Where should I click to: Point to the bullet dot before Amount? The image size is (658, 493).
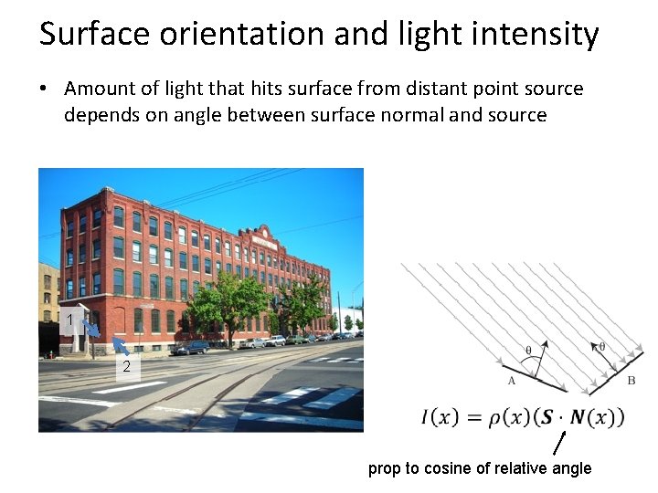point(43,89)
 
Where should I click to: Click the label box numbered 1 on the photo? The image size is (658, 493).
point(70,319)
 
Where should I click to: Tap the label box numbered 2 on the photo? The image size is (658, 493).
point(126,366)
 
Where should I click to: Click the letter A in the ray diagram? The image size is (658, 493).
point(511,381)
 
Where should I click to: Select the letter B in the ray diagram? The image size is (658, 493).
point(631,380)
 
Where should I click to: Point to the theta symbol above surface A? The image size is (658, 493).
point(528,349)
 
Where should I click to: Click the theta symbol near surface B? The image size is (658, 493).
point(601,346)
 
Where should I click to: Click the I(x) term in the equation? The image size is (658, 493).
point(440,417)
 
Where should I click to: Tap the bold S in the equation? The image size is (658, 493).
point(545,417)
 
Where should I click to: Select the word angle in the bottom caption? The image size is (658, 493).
point(569,468)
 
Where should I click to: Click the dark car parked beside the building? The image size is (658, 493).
point(191,347)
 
